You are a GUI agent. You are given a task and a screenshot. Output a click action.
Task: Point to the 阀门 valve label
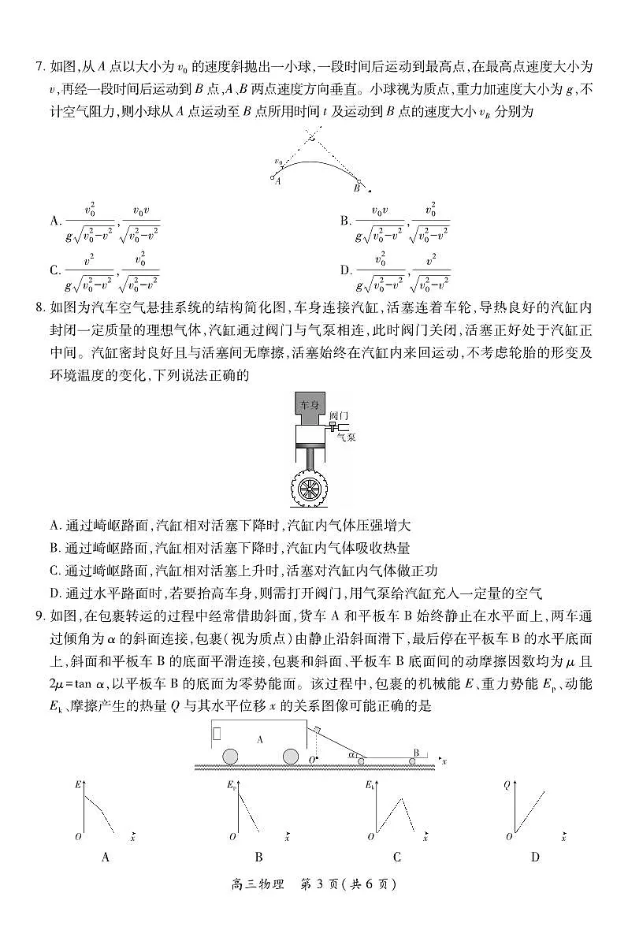tap(339, 416)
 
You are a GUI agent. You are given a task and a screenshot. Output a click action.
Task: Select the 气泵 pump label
tap(346, 434)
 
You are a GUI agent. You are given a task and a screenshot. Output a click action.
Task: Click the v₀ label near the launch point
tap(278, 162)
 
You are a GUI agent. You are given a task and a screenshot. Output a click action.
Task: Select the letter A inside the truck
tap(259, 739)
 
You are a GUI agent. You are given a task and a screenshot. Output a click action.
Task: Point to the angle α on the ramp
tap(352, 753)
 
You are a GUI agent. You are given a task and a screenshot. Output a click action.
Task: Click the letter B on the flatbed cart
tap(416, 752)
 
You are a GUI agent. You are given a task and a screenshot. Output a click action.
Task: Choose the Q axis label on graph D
tap(507, 785)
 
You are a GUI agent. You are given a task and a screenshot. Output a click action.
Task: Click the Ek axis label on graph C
tap(370, 786)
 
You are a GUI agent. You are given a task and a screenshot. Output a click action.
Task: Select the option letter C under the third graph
tap(396, 857)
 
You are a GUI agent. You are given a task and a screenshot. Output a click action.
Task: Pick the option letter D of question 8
tap(54, 593)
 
